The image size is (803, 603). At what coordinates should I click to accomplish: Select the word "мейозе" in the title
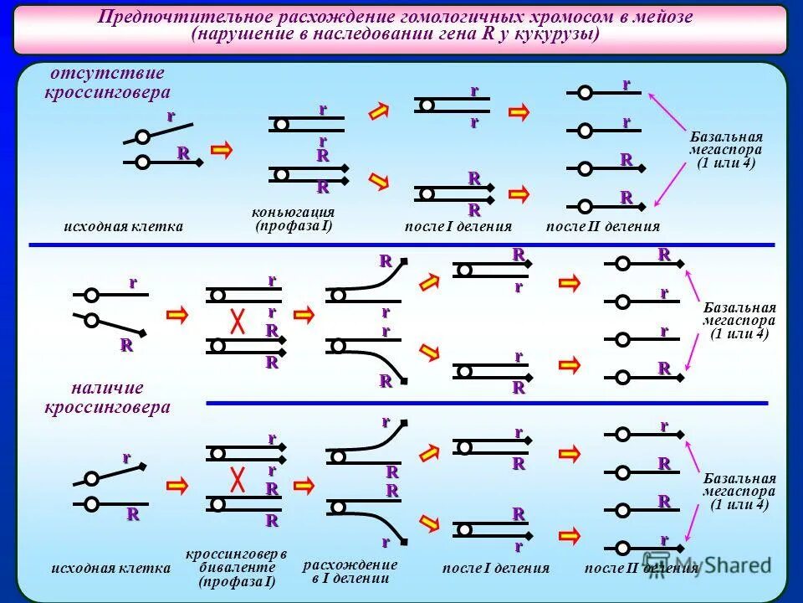(x=664, y=18)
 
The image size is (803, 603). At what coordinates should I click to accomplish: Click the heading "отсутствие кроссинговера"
(x=106, y=83)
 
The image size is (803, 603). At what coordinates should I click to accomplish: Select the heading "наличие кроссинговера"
(x=106, y=398)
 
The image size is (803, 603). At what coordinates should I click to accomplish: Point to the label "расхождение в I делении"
(x=350, y=571)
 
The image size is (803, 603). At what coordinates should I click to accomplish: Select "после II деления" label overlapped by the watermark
(x=641, y=569)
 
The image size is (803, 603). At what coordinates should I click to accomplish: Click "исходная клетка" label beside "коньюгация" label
(x=123, y=226)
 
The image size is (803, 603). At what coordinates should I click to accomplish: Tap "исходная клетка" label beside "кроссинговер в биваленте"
(x=110, y=568)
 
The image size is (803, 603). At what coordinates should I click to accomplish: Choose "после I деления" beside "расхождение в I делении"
(x=496, y=569)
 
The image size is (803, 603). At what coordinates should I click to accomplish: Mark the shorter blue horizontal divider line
(x=487, y=404)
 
